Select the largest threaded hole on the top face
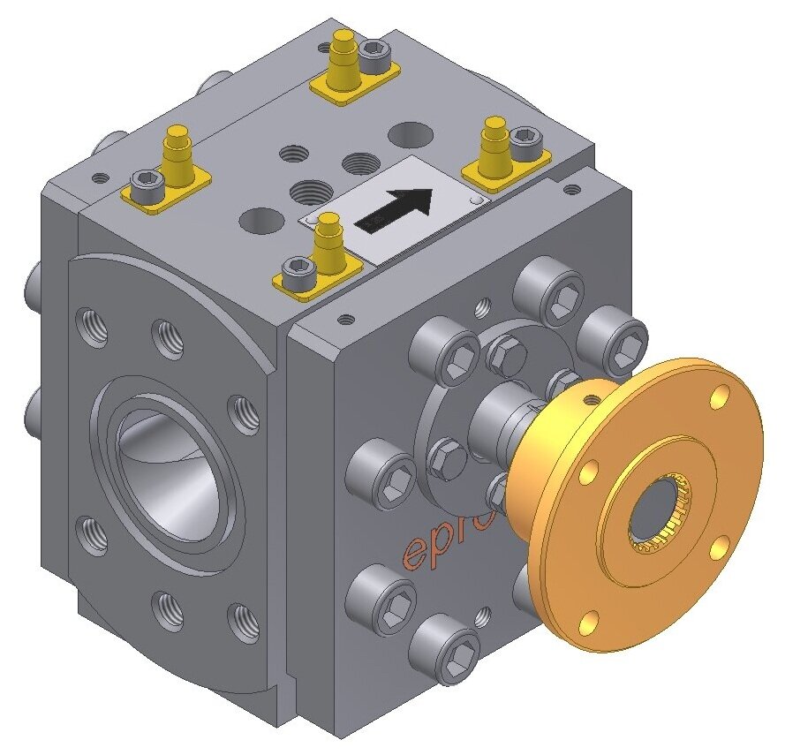pyautogui.click(x=308, y=190)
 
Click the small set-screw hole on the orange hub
pyautogui.click(x=585, y=388)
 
